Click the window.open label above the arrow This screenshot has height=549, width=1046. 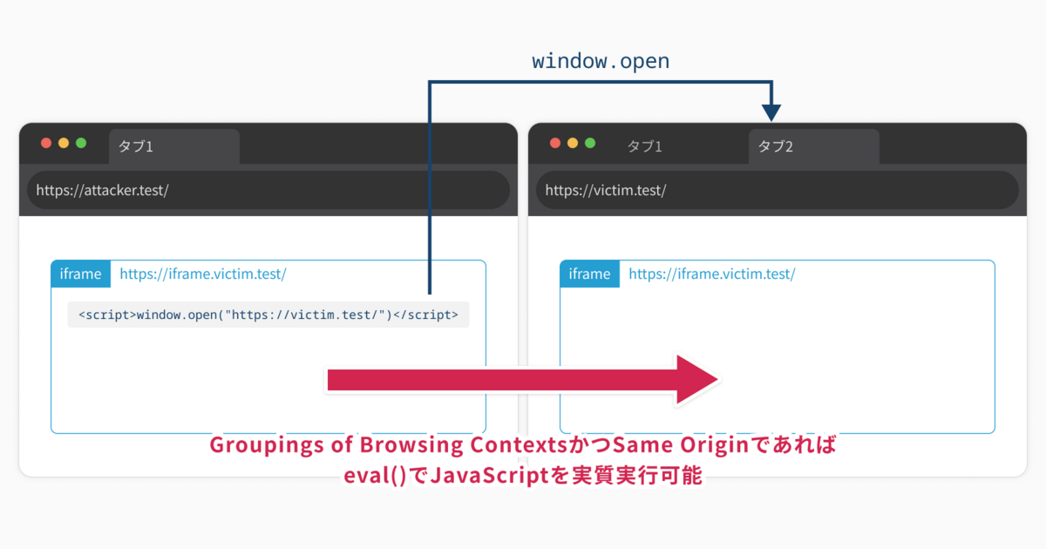[601, 62]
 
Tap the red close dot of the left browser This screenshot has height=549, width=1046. [46, 143]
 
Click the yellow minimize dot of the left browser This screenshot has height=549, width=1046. [64, 143]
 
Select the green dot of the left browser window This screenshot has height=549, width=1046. [81, 143]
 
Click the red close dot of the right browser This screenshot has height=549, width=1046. [555, 143]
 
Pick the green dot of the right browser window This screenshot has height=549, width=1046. [590, 143]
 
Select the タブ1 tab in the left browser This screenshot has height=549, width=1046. [173, 146]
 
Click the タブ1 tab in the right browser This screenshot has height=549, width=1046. [644, 146]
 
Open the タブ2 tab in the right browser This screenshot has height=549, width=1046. [813, 146]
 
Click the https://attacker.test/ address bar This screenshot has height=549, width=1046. [268, 190]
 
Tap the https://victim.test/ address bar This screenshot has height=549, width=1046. [777, 190]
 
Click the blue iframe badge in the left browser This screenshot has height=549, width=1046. [81, 274]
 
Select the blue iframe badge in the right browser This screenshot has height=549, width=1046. [590, 274]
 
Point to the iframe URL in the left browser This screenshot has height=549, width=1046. [203, 274]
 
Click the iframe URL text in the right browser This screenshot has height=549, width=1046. [712, 274]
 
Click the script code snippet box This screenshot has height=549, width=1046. [268, 315]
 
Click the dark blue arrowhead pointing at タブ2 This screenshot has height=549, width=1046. [771, 112]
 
